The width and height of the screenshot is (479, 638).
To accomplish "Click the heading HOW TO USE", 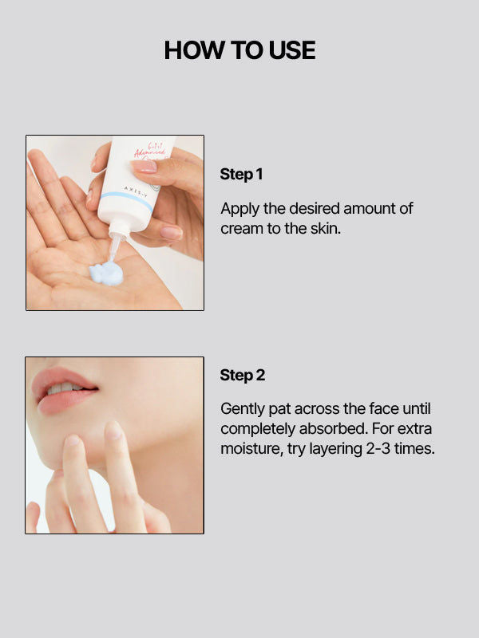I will tap(239, 50).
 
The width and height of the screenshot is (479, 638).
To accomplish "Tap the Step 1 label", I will tap(241, 174).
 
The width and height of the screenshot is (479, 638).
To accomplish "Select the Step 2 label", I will tap(242, 375).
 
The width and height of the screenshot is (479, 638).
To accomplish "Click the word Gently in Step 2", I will tap(243, 409).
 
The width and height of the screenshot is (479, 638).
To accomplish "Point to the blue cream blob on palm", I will tap(106, 274).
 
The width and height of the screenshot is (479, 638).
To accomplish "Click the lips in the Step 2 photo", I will tap(64, 391).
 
